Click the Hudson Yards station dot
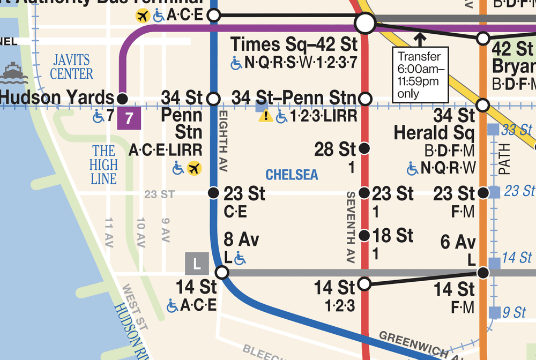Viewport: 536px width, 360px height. coord(122,99)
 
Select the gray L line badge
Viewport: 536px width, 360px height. coord(197,263)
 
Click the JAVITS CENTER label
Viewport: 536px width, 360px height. coord(72,66)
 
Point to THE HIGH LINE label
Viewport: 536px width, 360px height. coord(103,164)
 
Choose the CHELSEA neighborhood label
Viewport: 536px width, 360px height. coord(292,175)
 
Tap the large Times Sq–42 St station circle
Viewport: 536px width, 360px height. coord(365,24)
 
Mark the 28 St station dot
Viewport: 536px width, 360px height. coord(365,148)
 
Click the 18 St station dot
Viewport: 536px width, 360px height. coord(365,235)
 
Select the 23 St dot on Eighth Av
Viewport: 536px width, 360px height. coord(213,193)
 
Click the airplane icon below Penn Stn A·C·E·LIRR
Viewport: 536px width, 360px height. coord(194,169)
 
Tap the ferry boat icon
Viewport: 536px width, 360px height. coord(14,73)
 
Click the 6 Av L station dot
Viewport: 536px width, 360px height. coord(483,273)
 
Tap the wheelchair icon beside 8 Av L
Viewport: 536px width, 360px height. coord(240,259)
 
